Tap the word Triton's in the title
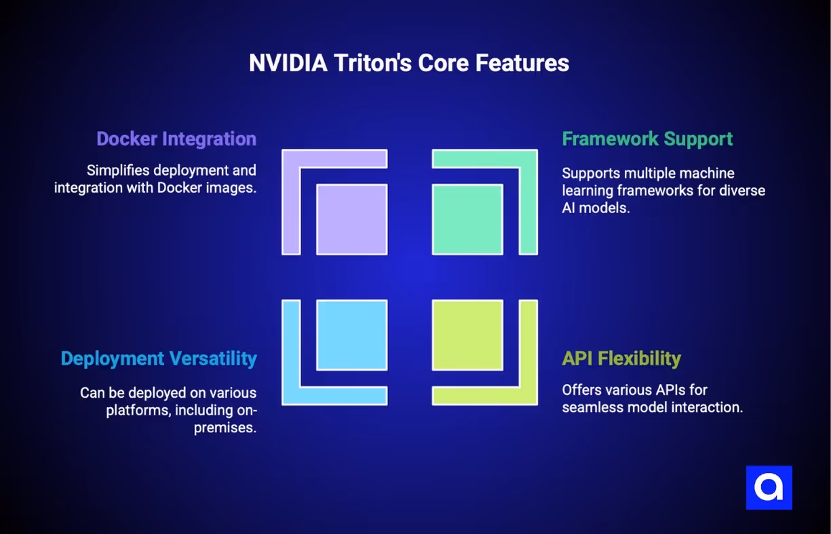372,63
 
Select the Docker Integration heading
176,139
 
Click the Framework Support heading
647,139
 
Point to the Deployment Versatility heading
159,358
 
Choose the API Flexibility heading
621,358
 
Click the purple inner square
352,219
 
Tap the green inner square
467,219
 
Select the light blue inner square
352,335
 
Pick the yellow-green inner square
467,335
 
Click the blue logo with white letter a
769,487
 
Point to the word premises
225,428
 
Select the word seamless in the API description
592,408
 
